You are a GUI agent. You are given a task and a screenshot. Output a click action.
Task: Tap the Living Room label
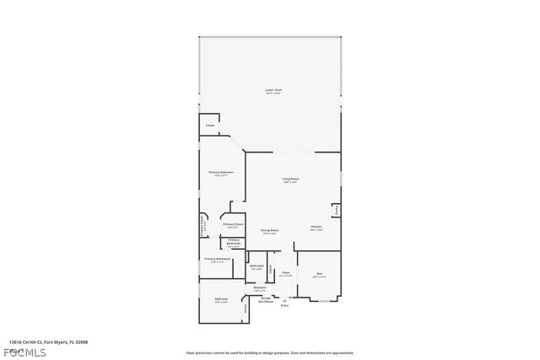[x=290, y=180]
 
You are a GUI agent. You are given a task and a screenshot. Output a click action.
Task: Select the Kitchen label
[x=316, y=228]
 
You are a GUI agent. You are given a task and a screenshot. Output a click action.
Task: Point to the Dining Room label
[x=270, y=232]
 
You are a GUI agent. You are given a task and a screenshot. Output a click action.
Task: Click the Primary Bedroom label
[x=221, y=174]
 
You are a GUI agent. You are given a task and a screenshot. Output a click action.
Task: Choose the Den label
[x=320, y=275]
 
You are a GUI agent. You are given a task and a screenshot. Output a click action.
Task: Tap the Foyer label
[x=286, y=274]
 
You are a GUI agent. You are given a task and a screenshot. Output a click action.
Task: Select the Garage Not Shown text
[x=265, y=299]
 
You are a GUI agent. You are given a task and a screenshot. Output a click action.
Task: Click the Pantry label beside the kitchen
[x=336, y=209]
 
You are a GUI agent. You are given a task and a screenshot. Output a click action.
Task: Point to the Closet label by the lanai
[x=210, y=126]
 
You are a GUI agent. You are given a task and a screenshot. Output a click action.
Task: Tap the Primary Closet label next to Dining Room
[x=232, y=226]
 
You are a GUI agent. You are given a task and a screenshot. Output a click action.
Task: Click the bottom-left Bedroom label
[x=221, y=301]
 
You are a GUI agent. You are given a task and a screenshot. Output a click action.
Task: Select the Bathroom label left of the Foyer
[x=256, y=268]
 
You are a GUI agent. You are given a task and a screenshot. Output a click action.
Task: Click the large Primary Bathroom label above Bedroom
[x=218, y=261]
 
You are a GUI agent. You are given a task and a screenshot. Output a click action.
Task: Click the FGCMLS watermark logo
[x=28, y=352]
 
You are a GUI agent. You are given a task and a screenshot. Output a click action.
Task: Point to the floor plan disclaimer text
[x=270, y=352]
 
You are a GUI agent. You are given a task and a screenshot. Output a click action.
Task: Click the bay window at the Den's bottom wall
[x=324, y=300]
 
